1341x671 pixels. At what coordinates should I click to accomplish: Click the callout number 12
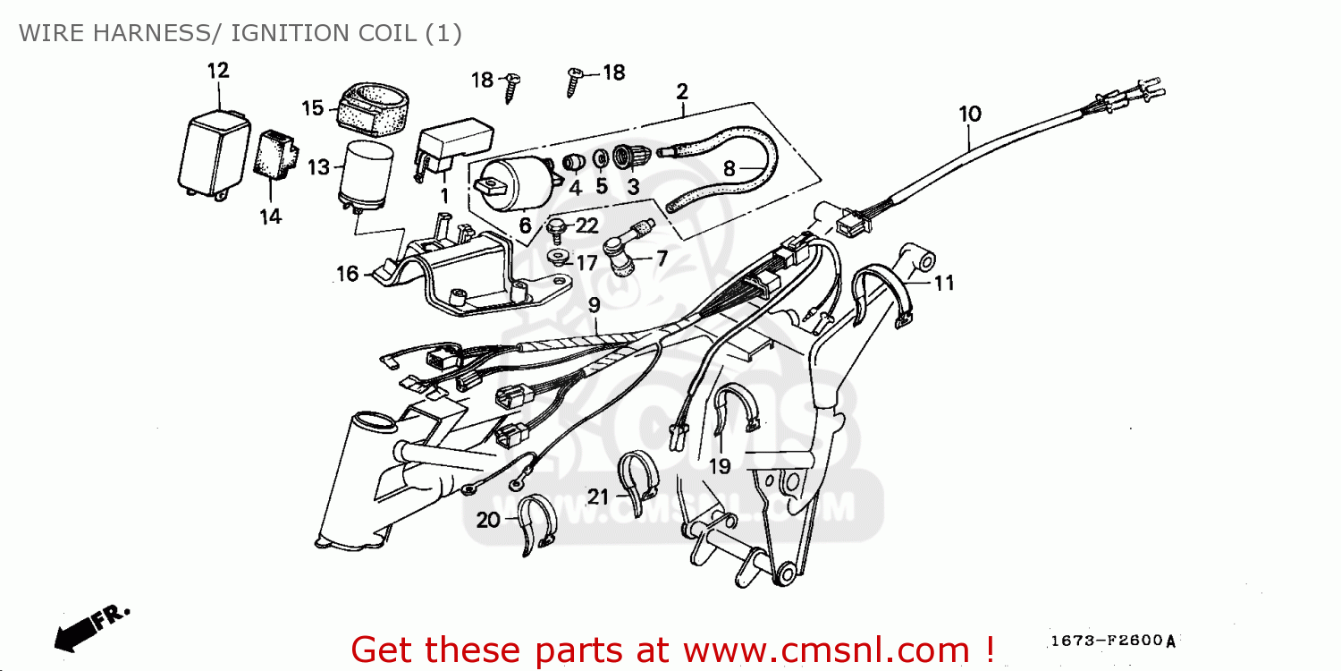point(218,71)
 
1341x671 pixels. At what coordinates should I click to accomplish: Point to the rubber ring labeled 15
point(369,106)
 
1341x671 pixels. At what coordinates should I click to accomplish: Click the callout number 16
point(347,274)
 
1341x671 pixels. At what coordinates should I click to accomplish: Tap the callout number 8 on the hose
point(730,168)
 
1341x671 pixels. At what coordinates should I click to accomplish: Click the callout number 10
point(970,115)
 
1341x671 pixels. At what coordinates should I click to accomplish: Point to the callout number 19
point(720,466)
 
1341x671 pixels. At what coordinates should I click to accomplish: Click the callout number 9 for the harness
point(594,306)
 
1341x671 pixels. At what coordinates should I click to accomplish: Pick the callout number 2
point(682,91)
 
